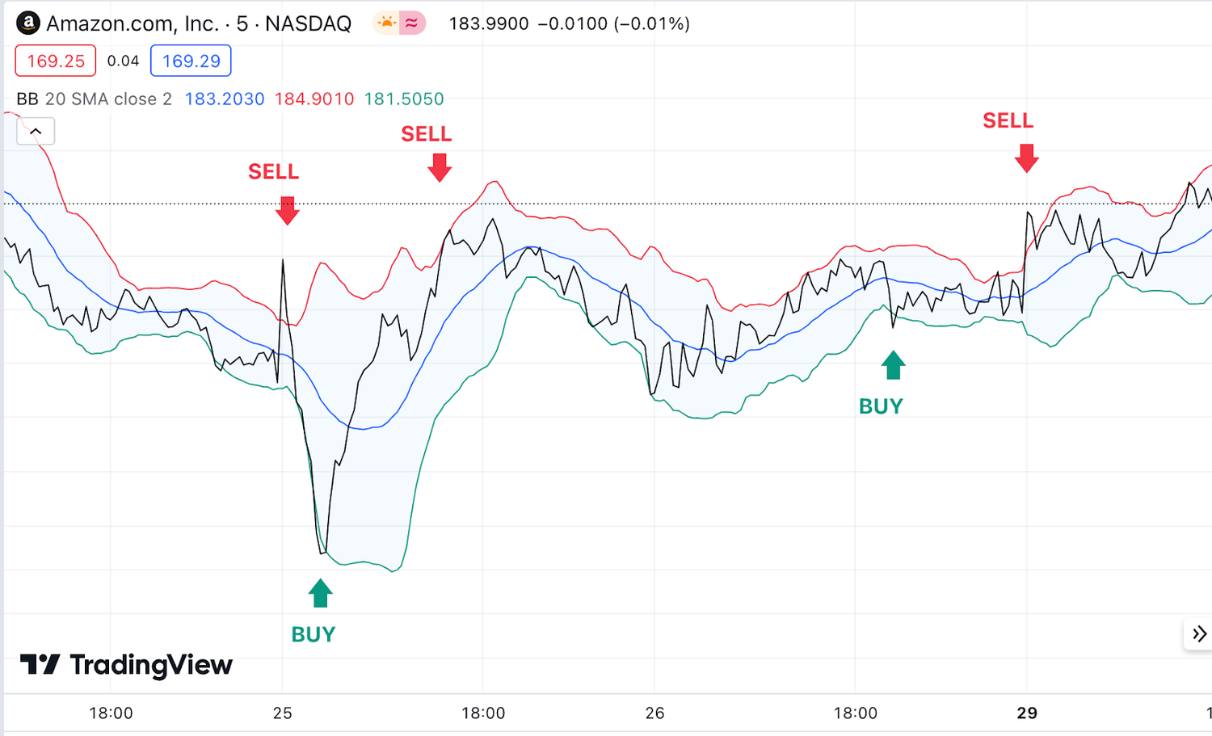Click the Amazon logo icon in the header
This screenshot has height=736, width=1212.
pyautogui.click(x=28, y=23)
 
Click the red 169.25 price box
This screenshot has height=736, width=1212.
pyautogui.click(x=56, y=61)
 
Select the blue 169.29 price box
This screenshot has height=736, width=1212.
pyautogui.click(x=191, y=61)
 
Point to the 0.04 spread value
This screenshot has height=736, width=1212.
pyautogui.click(x=123, y=61)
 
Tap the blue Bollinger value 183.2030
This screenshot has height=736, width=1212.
pyautogui.click(x=225, y=99)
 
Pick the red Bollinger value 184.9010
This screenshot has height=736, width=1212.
pyautogui.click(x=314, y=99)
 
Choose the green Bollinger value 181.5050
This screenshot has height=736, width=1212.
pyautogui.click(x=404, y=99)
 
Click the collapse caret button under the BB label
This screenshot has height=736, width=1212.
pyautogui.click(x=36, y=131)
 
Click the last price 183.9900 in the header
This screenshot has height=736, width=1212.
pyautogui.click(x=488, y=23)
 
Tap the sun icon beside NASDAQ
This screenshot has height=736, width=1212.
pyautogui.click(x=387, y=23)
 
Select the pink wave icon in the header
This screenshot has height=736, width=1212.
pyautogui.click(x=412, y=23)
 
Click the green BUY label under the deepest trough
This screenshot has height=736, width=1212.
pyautogui.click(x=313, y=634)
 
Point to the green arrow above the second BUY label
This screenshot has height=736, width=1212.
pyautogui.click(x=893, y=365)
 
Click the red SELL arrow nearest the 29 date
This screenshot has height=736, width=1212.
pyautogui.click(x=1026, y=158)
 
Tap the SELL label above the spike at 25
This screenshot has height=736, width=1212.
pyautogui.click(x=273, y=171)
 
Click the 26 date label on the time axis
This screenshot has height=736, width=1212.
pyautogui.click(x=654, y=713)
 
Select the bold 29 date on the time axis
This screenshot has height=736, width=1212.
pyautogui.click(x=1027, y=713)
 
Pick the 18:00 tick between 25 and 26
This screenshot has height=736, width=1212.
pyautogui.click(x=483, y=713)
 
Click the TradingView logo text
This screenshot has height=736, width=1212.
pyautogui.click(x=150, y=665)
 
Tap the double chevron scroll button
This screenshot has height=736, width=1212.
pyautogui.click(x=1199, y=634)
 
